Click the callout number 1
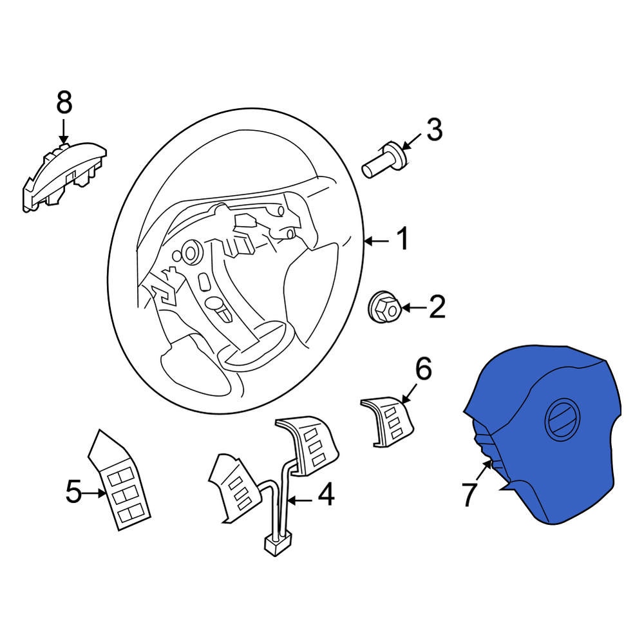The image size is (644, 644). click(x=403, y=238)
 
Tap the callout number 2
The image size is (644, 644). click(x=437, y=307)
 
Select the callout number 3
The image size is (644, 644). click(x=435, y=129)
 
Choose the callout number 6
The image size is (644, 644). click(x=424, y=368)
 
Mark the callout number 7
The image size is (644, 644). click(x=470, y=495)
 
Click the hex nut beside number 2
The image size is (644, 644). click(x=384, y=307)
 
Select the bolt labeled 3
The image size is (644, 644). click(x=384, y=160)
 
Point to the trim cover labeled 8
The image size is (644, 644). click(x=64, y=176)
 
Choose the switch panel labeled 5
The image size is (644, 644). click(x=119, y=480)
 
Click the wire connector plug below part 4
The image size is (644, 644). click(x=277, y=544)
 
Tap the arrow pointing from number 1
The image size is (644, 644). click(x=377, y=241)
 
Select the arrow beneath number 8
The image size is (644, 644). click(x=63, y=131)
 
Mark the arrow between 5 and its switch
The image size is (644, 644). click(x=95, y=493)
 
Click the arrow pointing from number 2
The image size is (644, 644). click(x=413, y=307)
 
